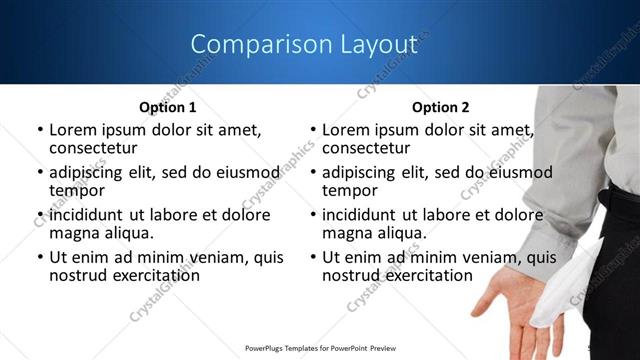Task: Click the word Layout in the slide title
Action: click(x=377, y=44)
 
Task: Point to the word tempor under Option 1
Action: click(x=76, y=190)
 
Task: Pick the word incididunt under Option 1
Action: click(x=93, y=214)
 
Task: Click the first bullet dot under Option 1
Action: click(x=39, y=130)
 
